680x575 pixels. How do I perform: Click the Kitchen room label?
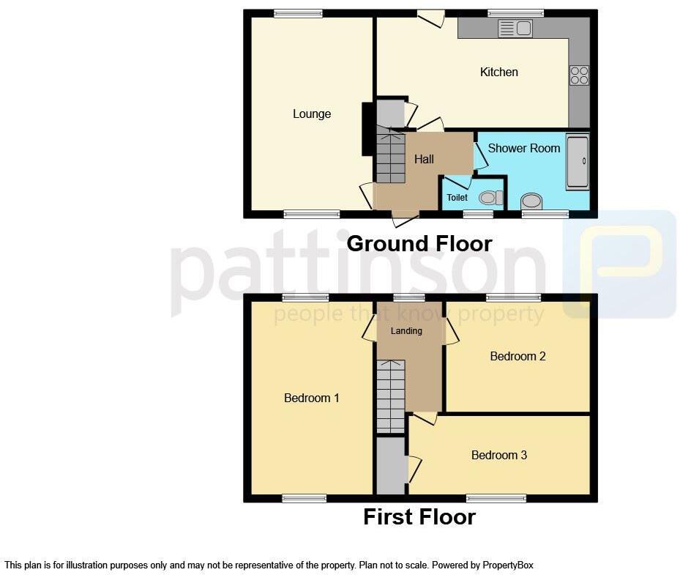click(498, 72)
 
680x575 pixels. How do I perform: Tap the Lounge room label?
click(312, 114)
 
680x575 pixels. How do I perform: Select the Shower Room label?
click(523, 148)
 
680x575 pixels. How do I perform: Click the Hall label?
click(424, 159)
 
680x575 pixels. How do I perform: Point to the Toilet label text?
click(457, 198)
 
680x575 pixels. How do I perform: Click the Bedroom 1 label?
click(311, 398)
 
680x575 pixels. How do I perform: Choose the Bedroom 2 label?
click(518, 356)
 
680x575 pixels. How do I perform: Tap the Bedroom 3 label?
click(498, 455)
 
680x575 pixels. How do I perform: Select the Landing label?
click(406, 331)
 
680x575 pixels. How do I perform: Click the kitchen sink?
click(515, 29)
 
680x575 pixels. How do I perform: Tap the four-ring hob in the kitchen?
click(579, 75)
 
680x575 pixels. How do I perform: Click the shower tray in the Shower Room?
click(577, 162)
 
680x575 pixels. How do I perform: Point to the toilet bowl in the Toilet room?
click(490, 198)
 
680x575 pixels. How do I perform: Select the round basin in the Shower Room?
click(531, 201)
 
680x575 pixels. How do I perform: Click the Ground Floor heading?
click(419, 243)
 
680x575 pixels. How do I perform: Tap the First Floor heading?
click(419, 517)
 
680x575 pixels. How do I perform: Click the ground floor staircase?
click(390, 156)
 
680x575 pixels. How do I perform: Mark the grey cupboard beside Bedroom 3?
click(391, 466)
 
